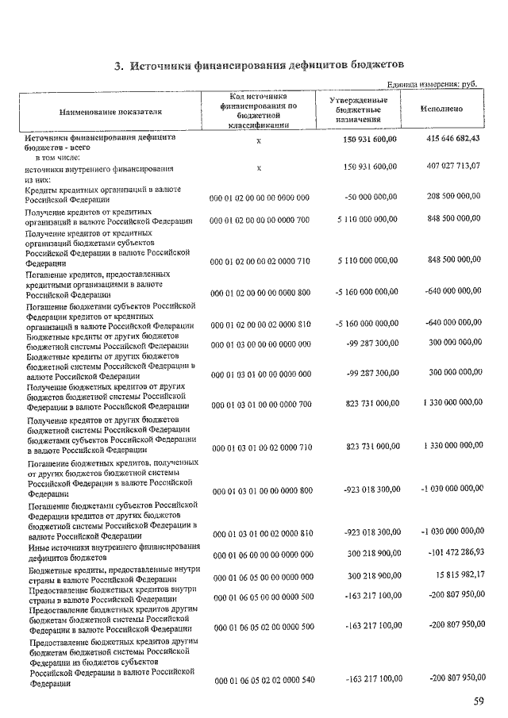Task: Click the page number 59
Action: (478, 701)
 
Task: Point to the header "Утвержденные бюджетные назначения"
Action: (358, 109)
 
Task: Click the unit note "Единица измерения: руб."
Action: (435, 85)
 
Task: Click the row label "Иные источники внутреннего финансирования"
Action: (113, 547)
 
